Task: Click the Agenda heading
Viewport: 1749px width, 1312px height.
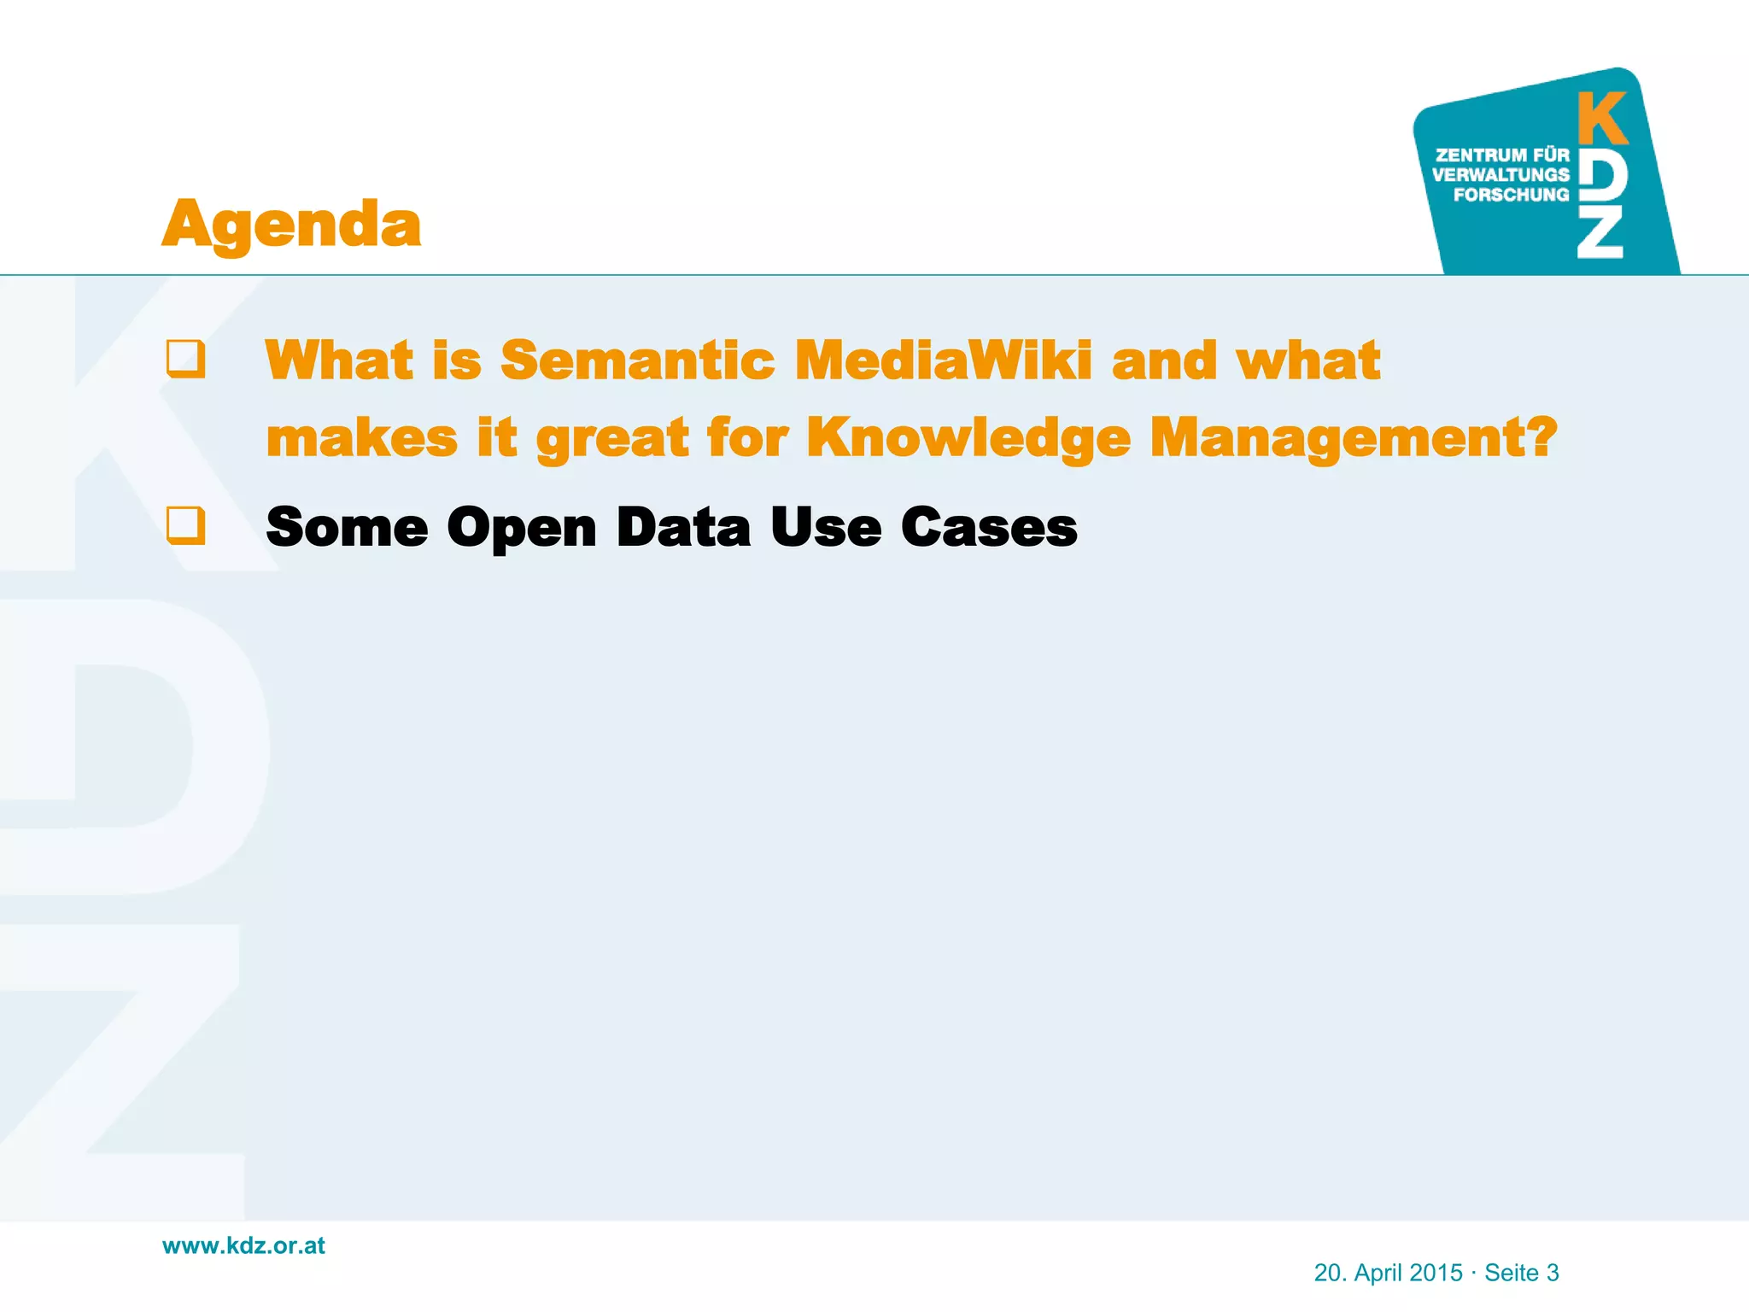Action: tap(291, 224)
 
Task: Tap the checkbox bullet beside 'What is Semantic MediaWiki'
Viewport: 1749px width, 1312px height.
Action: tap(185, 359)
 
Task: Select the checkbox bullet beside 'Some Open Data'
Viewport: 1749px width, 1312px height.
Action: tap(185, 525)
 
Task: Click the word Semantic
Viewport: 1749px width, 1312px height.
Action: tap(637, 360)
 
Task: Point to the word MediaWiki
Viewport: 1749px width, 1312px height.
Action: tap(943, 360)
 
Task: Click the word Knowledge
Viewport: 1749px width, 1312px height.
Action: tap(968, 437)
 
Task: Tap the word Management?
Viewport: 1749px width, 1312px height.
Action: tap(1354, 437)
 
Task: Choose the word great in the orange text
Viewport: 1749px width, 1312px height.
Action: tap(611, 437)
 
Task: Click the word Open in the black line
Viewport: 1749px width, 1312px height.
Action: tap(521, 527)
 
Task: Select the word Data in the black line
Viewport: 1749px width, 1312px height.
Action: tap(683, 527)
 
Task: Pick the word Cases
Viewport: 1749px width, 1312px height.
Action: tap(989, 527)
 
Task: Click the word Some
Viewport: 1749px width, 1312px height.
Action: tap(347, 527)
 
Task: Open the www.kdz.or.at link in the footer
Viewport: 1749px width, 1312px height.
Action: tap(243, 1245)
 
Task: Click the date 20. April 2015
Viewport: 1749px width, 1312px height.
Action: tap(1388, 1273)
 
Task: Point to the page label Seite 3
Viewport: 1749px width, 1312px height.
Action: tap(1522, 1273)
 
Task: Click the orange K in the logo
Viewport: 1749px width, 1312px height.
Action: tap(1602, 119)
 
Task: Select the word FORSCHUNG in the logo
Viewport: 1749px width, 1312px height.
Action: tap(1511, 195)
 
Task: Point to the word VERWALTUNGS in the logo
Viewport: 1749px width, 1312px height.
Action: tap(1500, 175)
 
